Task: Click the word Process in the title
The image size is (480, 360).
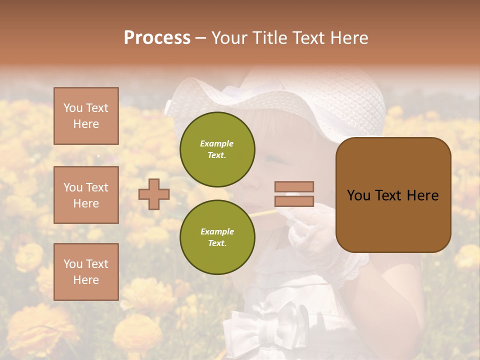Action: tap(157, 38)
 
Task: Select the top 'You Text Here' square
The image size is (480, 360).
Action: tap(86, 116)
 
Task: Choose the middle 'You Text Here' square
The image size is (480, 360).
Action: tap(86, 195)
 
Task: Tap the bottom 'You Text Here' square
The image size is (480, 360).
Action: tap(86, 271)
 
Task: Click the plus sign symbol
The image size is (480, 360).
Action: tap(154, 194)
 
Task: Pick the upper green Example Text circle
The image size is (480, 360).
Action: tap(217, 149)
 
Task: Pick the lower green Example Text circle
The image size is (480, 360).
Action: tap(217, 237)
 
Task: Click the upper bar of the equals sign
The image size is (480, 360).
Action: tap(294, 186)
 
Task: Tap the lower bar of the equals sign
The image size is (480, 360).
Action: tap(294, 201)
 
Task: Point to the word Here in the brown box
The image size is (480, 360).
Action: tap(422, 195)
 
